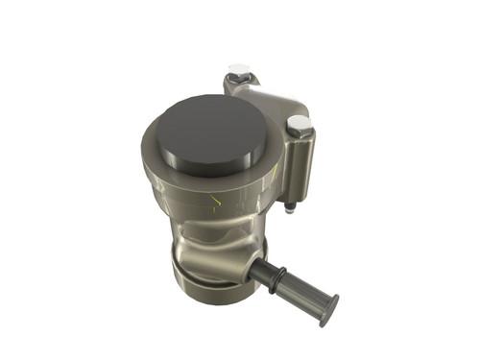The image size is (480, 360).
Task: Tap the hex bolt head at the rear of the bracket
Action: coord(239,73)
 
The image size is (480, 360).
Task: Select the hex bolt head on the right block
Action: coord(299,125)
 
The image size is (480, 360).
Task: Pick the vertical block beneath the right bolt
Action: coord(300,168)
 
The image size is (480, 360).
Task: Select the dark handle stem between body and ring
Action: coord(257,270)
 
